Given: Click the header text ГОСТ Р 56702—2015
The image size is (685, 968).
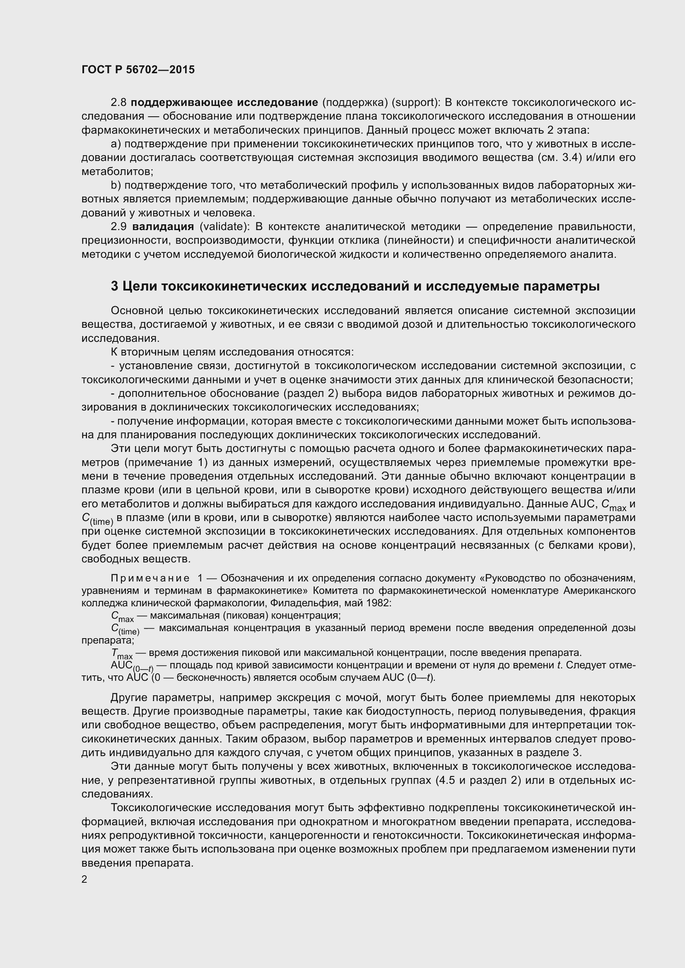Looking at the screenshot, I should (138, 70).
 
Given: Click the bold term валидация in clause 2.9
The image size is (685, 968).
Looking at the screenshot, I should (163, 226).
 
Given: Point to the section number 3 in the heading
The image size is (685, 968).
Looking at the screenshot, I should (114, 286).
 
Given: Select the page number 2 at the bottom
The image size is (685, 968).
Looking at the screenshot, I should (84, 879).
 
